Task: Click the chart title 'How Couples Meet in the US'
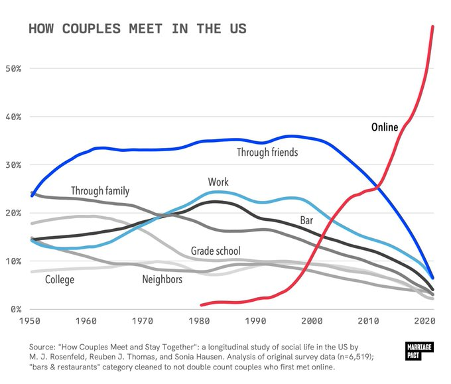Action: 137,29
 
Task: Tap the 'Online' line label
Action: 385,127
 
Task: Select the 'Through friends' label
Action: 267,153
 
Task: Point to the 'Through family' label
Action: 100,191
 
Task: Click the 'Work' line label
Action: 218,182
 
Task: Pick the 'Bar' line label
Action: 306,220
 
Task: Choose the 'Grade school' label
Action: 216,251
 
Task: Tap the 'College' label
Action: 60,280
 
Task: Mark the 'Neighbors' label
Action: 162,280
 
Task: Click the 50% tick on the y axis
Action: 13,69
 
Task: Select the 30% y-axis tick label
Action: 13,165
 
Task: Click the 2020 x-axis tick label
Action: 425,322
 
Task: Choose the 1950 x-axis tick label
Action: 30,322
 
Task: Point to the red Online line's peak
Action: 433,27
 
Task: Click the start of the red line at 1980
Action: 201,305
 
